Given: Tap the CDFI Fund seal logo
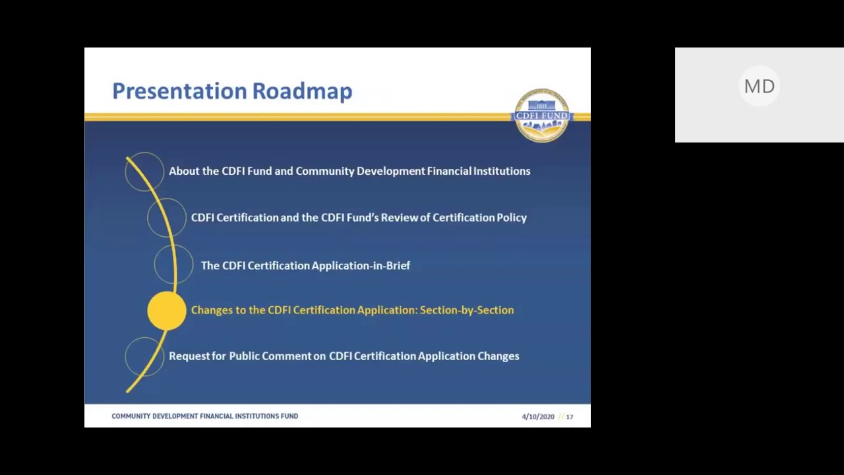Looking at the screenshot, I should (x=541, y=115).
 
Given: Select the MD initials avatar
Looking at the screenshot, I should (x=759, y=86).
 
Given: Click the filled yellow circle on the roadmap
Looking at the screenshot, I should (x=167, y=311).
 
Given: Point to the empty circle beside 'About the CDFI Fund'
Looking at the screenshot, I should (x=144, y=172).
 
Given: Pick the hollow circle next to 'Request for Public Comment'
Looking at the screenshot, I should (x=144, y=356).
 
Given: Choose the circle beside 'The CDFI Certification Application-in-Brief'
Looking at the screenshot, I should (x=173, y=265).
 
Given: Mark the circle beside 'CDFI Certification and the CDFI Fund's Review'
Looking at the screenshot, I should (x=167, y=218).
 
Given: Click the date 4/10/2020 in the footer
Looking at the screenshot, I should (x=538, y=417).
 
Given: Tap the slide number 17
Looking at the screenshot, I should (x=570, y=417).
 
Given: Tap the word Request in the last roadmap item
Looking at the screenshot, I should (x=189, y=356).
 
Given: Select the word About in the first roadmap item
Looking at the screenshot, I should (x=184, y=171).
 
